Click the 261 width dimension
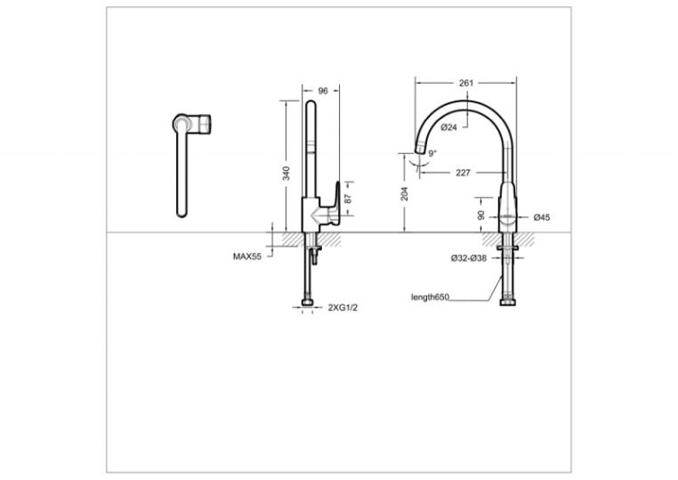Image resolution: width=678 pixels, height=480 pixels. [465, 83]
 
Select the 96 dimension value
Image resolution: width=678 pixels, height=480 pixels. [323, 91]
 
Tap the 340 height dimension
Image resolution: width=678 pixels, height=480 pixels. [286, 173]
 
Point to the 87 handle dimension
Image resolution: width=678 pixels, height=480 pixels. [349, 199]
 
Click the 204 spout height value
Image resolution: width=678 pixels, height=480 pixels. [404, 193]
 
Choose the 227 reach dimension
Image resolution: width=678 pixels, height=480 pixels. [463, 173]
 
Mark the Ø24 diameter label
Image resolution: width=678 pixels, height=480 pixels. [448, 127]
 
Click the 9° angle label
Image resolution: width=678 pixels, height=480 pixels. [432, 153]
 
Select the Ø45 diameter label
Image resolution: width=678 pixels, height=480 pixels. [542, 217]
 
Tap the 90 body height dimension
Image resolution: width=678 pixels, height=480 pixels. [481, 216]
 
